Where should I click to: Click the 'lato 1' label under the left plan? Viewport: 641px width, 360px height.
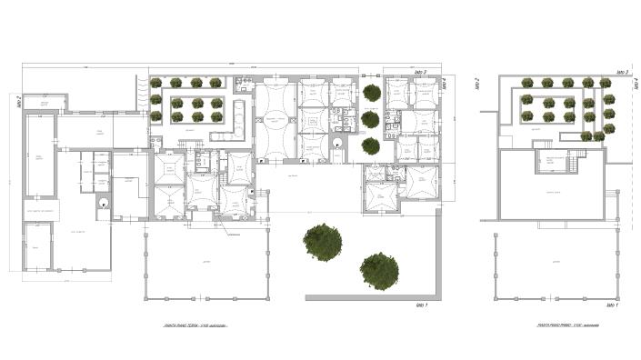421,306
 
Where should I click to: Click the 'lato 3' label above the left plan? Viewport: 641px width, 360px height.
421,71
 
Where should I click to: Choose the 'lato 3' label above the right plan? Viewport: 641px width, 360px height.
623,71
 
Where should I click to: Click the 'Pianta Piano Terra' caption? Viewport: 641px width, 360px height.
195,325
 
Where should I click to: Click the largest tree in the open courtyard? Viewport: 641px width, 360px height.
323,241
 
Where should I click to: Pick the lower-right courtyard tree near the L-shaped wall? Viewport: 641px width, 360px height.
380,270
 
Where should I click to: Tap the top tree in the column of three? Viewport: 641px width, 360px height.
370,93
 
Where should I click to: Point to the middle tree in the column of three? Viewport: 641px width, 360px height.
370,119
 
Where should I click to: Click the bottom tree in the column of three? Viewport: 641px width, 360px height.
370,145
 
